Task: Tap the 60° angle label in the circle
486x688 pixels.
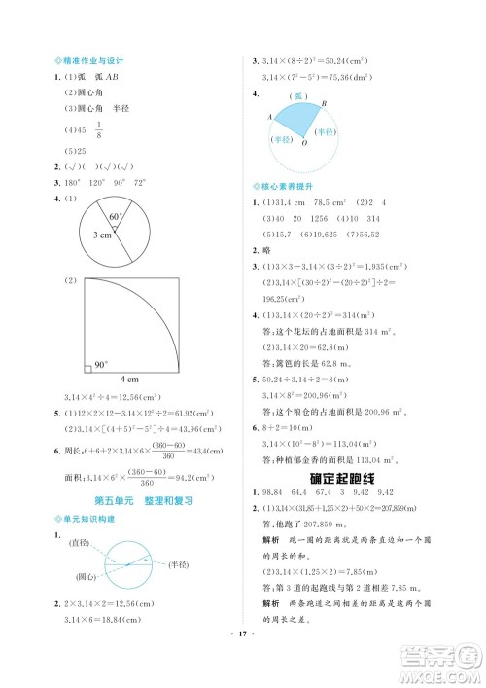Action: click(x=115, y=215)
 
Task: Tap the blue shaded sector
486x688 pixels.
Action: click(x=301, y=119)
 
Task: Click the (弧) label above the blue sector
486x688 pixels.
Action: click(x=300, y=95)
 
